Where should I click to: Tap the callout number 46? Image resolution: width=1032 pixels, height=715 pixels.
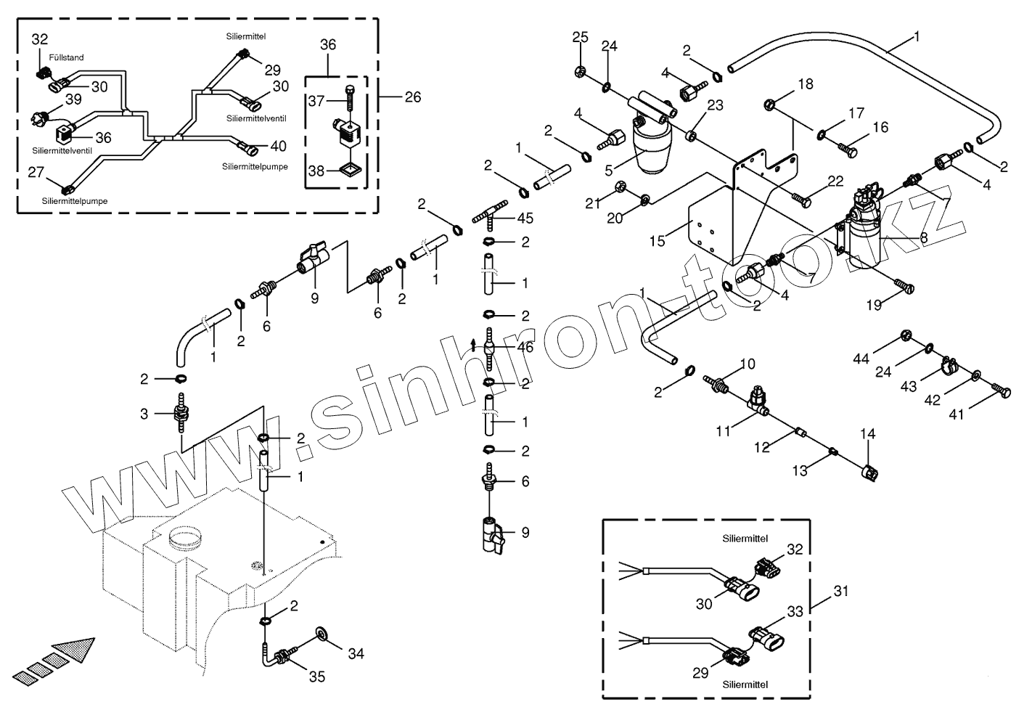pos(525,348)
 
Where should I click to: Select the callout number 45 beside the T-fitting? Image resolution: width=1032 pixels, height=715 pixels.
pos(525,218)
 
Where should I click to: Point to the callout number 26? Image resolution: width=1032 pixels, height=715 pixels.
pos(412,97)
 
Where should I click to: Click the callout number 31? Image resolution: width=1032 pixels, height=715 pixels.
pos(840,592)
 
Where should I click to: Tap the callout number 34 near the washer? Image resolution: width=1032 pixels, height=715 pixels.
pos(355,653)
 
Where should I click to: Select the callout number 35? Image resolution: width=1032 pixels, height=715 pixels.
pos(317,677)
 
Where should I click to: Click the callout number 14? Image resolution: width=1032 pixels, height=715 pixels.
pos(868,434)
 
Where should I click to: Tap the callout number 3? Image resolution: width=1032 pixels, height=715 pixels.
pos(144,414)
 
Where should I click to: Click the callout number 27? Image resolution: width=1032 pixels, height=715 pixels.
pos(36,172)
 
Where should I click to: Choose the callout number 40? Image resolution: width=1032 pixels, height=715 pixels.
pos(278,146)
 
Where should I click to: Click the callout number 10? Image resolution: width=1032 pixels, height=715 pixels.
pos(748,363)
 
